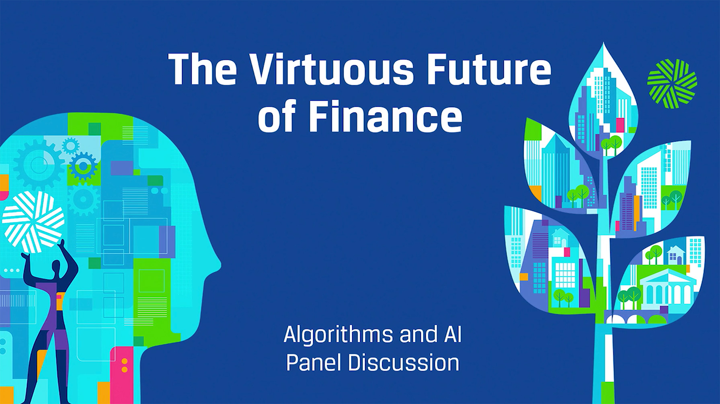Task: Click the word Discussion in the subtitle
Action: [403, 362]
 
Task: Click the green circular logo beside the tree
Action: [672, 84]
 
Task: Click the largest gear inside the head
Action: [38, 165]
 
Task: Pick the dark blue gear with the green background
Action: [83, 166]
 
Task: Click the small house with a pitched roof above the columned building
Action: [675, 255]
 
